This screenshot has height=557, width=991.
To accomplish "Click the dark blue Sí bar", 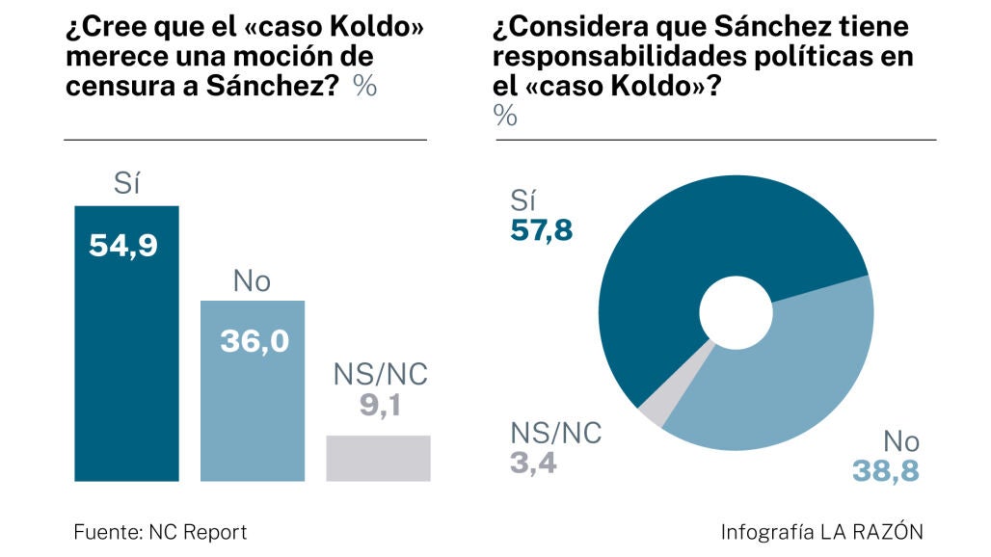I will (x=126, y=366).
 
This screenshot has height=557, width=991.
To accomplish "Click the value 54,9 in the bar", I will (x=122, y=246).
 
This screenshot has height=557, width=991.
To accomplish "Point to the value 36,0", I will (x=254, y=341).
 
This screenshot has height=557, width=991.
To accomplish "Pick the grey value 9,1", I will (x=379, y=405).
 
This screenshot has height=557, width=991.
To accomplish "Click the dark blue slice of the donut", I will (x=675, y=251).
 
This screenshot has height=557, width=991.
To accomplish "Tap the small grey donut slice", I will (x=655, y=410).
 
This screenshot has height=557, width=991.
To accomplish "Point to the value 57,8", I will (x=541, y=232).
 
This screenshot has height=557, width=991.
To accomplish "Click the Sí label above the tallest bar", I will (x=126, y=184).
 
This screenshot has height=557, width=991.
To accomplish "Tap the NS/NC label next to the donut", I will (x=555, y=433).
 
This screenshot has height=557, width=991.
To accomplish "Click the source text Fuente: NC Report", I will (x=160, y=531).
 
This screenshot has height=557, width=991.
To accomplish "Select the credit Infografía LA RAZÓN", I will (x=821, y=531).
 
